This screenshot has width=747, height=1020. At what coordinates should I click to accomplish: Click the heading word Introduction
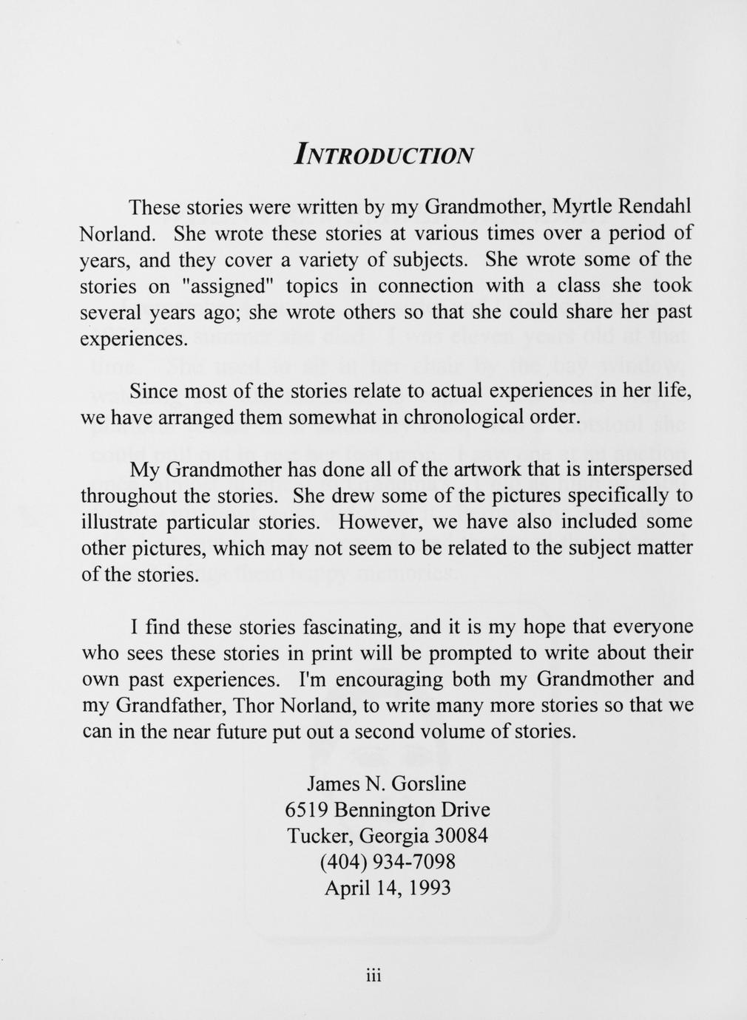pyautogui.click(x=382, y=154)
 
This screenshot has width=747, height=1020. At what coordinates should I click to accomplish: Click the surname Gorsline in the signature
pyautogui.click(x=429, y=783)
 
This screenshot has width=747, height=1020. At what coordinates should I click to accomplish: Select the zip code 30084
pyautogui.click(x=461, y=836)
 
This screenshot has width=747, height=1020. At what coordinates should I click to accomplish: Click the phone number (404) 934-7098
pyautogui.click(x=387, y=862)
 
